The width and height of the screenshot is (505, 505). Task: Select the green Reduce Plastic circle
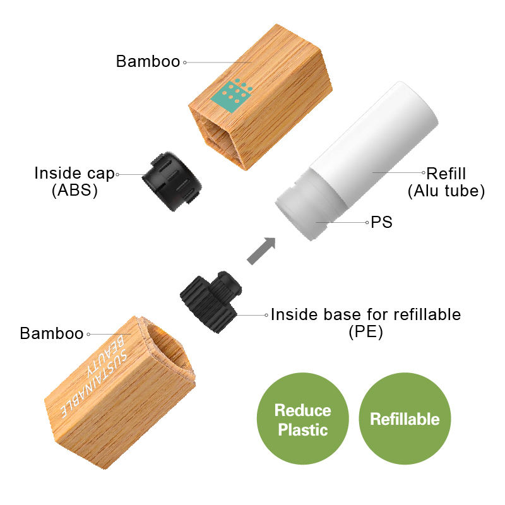(303, 419)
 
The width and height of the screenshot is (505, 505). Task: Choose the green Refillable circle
(405, 419)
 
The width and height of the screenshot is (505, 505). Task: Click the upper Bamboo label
(148, 62)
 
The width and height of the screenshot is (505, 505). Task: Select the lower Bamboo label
(52, 333)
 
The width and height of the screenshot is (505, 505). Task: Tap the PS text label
(381, 222)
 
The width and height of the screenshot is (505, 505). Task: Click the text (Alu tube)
(446, 191)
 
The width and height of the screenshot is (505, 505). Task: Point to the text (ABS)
(74, 191)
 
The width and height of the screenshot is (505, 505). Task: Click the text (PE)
(365, 332)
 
